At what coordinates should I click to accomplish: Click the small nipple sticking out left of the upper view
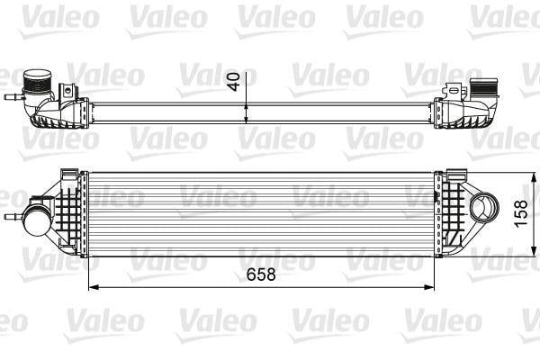click(x=12, y=94)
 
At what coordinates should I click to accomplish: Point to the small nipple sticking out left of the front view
click(x=12, y=217)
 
